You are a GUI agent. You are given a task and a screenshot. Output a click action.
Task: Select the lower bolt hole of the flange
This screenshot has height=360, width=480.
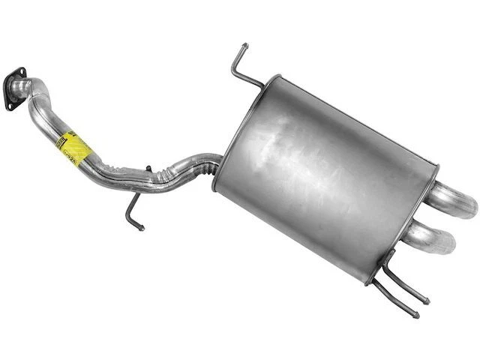point(10,106)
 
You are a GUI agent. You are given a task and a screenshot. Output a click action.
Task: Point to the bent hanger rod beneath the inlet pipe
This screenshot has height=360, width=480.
point(132,206)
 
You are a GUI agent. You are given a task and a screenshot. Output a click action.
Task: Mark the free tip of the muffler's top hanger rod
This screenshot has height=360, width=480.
point(244,47)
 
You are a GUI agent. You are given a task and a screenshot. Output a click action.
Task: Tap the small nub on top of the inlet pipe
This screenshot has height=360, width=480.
point(148,168)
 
